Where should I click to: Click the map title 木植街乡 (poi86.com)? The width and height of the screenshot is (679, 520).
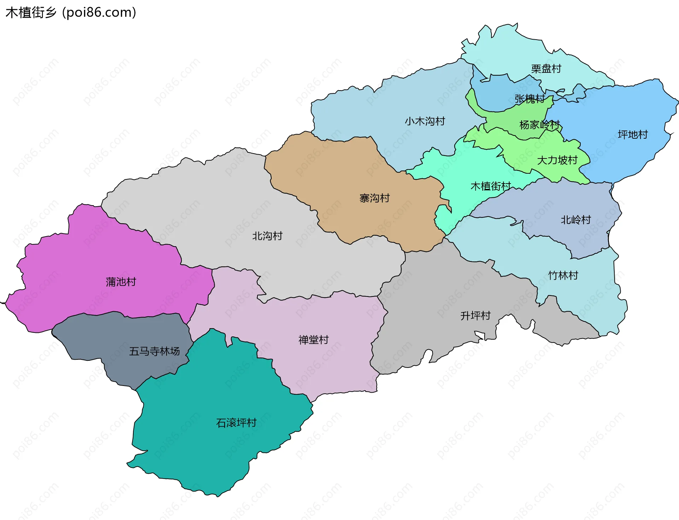71,12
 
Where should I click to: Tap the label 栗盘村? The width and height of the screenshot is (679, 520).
546,69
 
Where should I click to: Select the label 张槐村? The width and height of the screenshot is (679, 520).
529,99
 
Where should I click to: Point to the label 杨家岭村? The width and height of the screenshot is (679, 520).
539,125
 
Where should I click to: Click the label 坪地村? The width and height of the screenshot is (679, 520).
632,134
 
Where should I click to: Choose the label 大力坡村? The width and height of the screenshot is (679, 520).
557,160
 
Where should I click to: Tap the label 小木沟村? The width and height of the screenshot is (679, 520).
425,121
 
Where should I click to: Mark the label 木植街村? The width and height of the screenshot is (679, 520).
491,186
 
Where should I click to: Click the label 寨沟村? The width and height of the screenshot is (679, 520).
374,198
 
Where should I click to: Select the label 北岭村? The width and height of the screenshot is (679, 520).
575,220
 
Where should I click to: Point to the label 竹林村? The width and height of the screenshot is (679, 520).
563,275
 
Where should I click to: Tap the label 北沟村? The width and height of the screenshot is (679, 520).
267,236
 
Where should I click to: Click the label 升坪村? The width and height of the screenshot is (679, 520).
475,316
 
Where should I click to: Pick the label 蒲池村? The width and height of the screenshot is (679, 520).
121,282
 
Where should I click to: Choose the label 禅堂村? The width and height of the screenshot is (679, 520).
313,340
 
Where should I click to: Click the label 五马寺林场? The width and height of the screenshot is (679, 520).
154,351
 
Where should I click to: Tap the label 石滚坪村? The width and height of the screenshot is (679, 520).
236,423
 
